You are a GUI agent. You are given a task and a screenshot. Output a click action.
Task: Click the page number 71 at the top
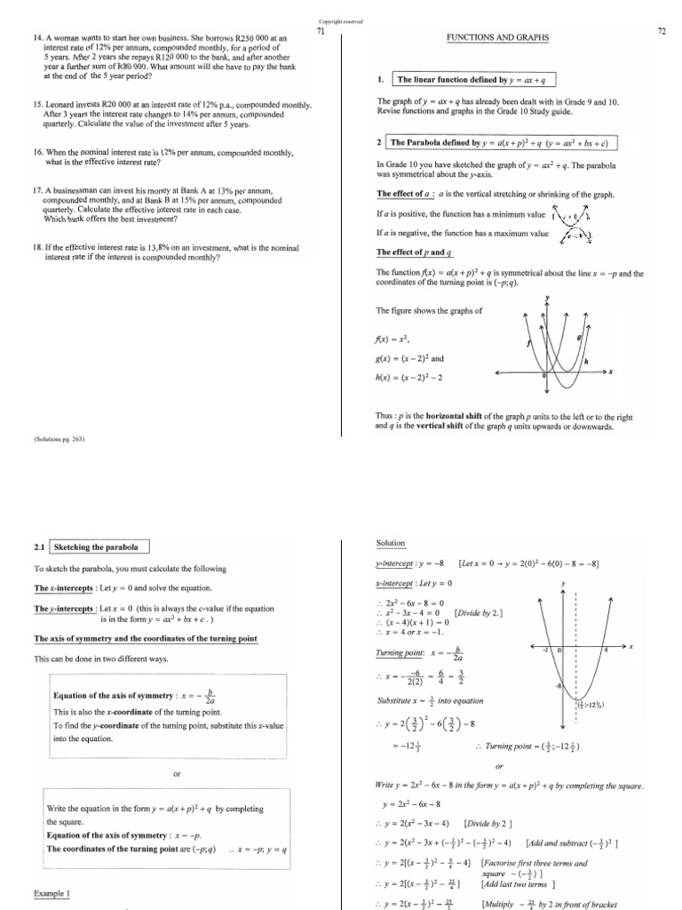(x=321, y=31)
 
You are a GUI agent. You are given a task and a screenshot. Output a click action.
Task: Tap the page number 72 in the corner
(x=661, y=31)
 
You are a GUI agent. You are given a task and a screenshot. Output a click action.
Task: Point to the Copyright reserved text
(x=340, y=20)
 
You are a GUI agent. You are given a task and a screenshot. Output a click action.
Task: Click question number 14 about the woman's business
(x=37, y=38)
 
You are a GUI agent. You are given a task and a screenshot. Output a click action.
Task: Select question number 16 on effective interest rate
(x=37, y=153)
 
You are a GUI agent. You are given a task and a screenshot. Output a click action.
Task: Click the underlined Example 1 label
(x=52, y=893)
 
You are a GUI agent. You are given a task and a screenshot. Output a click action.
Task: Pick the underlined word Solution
(x=391, y=543)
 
